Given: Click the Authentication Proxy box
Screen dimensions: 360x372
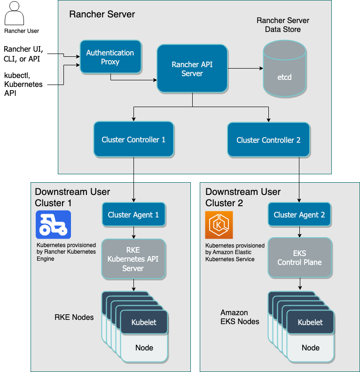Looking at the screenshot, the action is [x=111, y=57].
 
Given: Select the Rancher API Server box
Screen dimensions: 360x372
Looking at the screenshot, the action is [x=192, y=68].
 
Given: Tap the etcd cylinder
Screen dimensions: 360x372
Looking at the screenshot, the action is [x=284, y=69].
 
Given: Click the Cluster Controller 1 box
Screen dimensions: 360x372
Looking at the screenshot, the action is [x=133, y=139].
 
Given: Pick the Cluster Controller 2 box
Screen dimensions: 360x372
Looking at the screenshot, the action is [x=269, y=140].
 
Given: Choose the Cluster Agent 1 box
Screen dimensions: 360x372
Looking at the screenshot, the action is [x=133, y=215].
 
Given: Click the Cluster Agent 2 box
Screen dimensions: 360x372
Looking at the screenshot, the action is [x=299, y=215].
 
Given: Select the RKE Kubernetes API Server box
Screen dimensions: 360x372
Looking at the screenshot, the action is [x=133, y=259].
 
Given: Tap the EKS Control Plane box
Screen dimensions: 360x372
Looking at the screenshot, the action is [x=300, y=258].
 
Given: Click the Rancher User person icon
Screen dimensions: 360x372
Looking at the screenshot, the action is [x=14, y=13].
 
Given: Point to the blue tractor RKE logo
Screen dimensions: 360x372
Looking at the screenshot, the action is [x=53, y=225].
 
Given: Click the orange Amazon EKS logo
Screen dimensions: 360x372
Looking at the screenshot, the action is [x=219, y=225].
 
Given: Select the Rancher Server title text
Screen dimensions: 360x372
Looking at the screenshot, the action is [x=102, y=14].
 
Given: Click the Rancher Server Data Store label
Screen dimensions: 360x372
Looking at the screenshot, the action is [x=283, y=25].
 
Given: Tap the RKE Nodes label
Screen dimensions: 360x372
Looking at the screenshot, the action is [x=74, y=317].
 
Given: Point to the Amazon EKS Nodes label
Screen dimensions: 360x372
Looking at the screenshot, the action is [x=240, y=317].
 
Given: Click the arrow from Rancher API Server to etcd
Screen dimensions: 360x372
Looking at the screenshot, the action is [x=245, y=68].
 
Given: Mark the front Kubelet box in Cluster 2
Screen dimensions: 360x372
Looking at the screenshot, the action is [x=310, y=322].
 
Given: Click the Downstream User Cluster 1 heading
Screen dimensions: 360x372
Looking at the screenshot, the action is [x=72, y=197].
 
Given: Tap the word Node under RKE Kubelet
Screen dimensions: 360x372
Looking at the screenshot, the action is [x=144, y=348].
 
